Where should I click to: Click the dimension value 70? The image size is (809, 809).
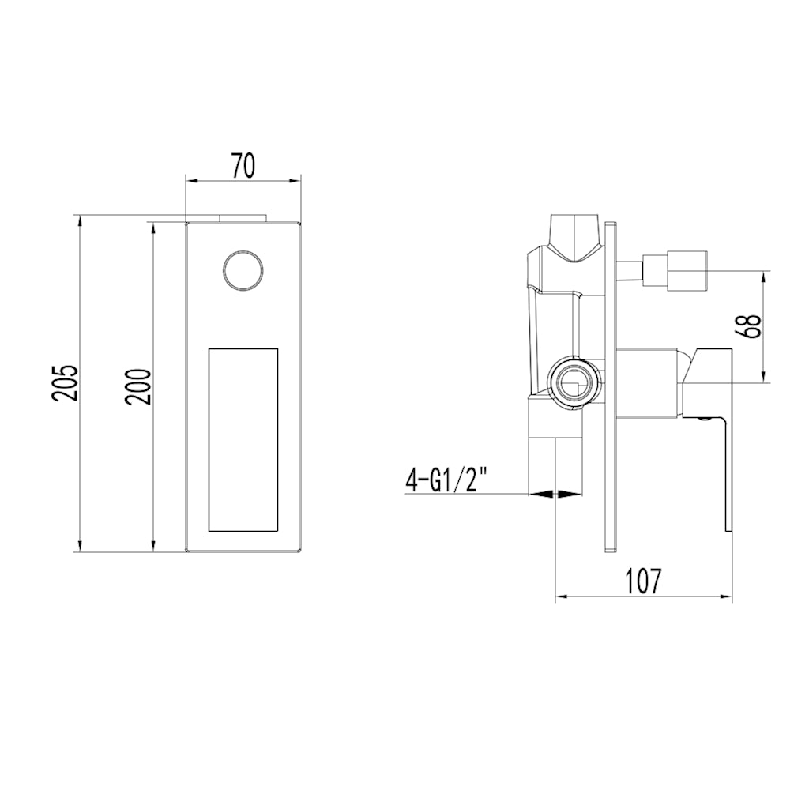coord(243,166)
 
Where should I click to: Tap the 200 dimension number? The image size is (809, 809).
coord(139,386)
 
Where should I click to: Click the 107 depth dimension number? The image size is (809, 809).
coord(642,581)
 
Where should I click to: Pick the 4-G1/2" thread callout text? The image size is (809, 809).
coord(446,479)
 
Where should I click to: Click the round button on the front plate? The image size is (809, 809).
coord(243,271)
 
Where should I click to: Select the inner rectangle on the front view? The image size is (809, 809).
coord(243,439)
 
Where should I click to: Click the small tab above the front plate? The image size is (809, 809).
coord(243,216)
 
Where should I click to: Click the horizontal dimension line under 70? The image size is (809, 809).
coord(243,181)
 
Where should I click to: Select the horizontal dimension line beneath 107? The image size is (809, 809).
coord(644,596)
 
